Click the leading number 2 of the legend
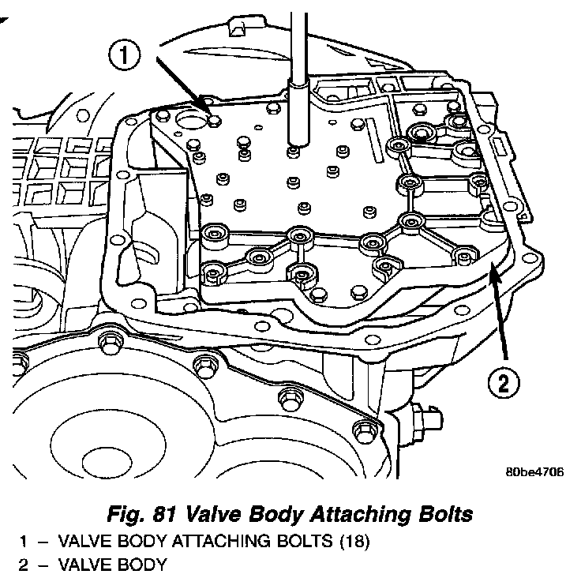pos(24,565)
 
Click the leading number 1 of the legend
pos(24,542)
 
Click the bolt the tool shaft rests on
pos(294,148)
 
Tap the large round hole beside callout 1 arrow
pos(190,121)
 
